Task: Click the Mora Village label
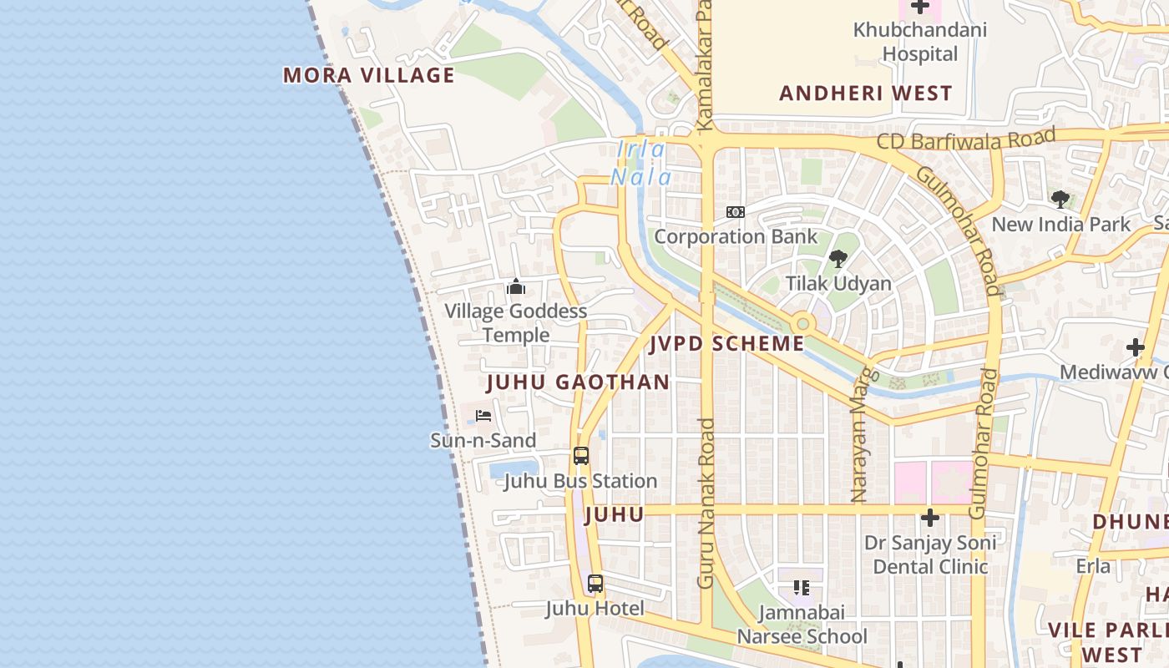tap(369, 75)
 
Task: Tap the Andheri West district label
tap(866, 94)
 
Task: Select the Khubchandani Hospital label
tap(919, 42)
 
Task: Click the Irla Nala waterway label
tap(641, 164)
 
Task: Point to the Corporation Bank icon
tap(735, 212)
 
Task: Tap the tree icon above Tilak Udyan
tap(838, 259)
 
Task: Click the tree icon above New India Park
tap(1060, 200)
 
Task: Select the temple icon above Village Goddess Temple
tap(516, 287)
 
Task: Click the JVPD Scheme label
tap(727, 343)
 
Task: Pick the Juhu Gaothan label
tap(578, 382)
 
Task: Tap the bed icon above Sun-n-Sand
tap(483, 416)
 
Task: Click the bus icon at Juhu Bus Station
tap(581, 456)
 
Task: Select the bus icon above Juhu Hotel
tap(595, 584)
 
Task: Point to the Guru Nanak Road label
tap(706, 504)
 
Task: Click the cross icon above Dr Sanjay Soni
tap(930, 518)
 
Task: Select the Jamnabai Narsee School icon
tap(802, 588)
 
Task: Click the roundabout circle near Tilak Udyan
tap(802, 323)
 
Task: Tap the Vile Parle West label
tap(1106, 641)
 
